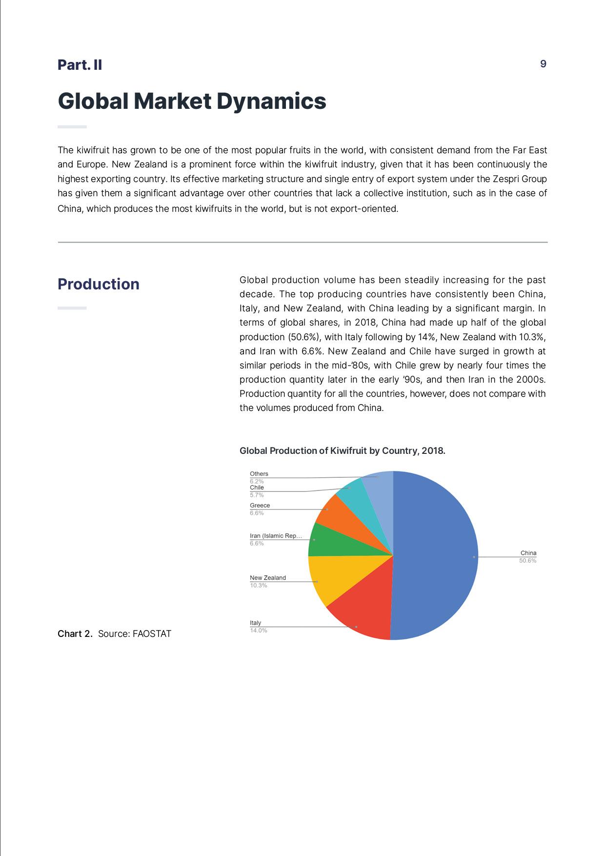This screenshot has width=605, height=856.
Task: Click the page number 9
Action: (543, 64)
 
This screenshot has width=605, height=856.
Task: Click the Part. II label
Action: (80, 65)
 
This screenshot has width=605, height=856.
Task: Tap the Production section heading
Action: (98, 284)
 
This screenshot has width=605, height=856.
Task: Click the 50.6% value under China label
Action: (527, 561)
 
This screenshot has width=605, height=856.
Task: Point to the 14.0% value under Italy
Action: (258, 631)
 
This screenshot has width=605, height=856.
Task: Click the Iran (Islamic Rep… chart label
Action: (276, 536)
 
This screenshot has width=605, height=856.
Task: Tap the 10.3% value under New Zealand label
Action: (258, 586)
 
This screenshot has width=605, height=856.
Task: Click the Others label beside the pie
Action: (259, 474)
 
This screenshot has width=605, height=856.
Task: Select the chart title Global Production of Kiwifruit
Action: (342, 451)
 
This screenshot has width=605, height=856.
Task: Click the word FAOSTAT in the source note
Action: (152, 634)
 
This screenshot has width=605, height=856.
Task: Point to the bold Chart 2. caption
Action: (75, 634)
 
